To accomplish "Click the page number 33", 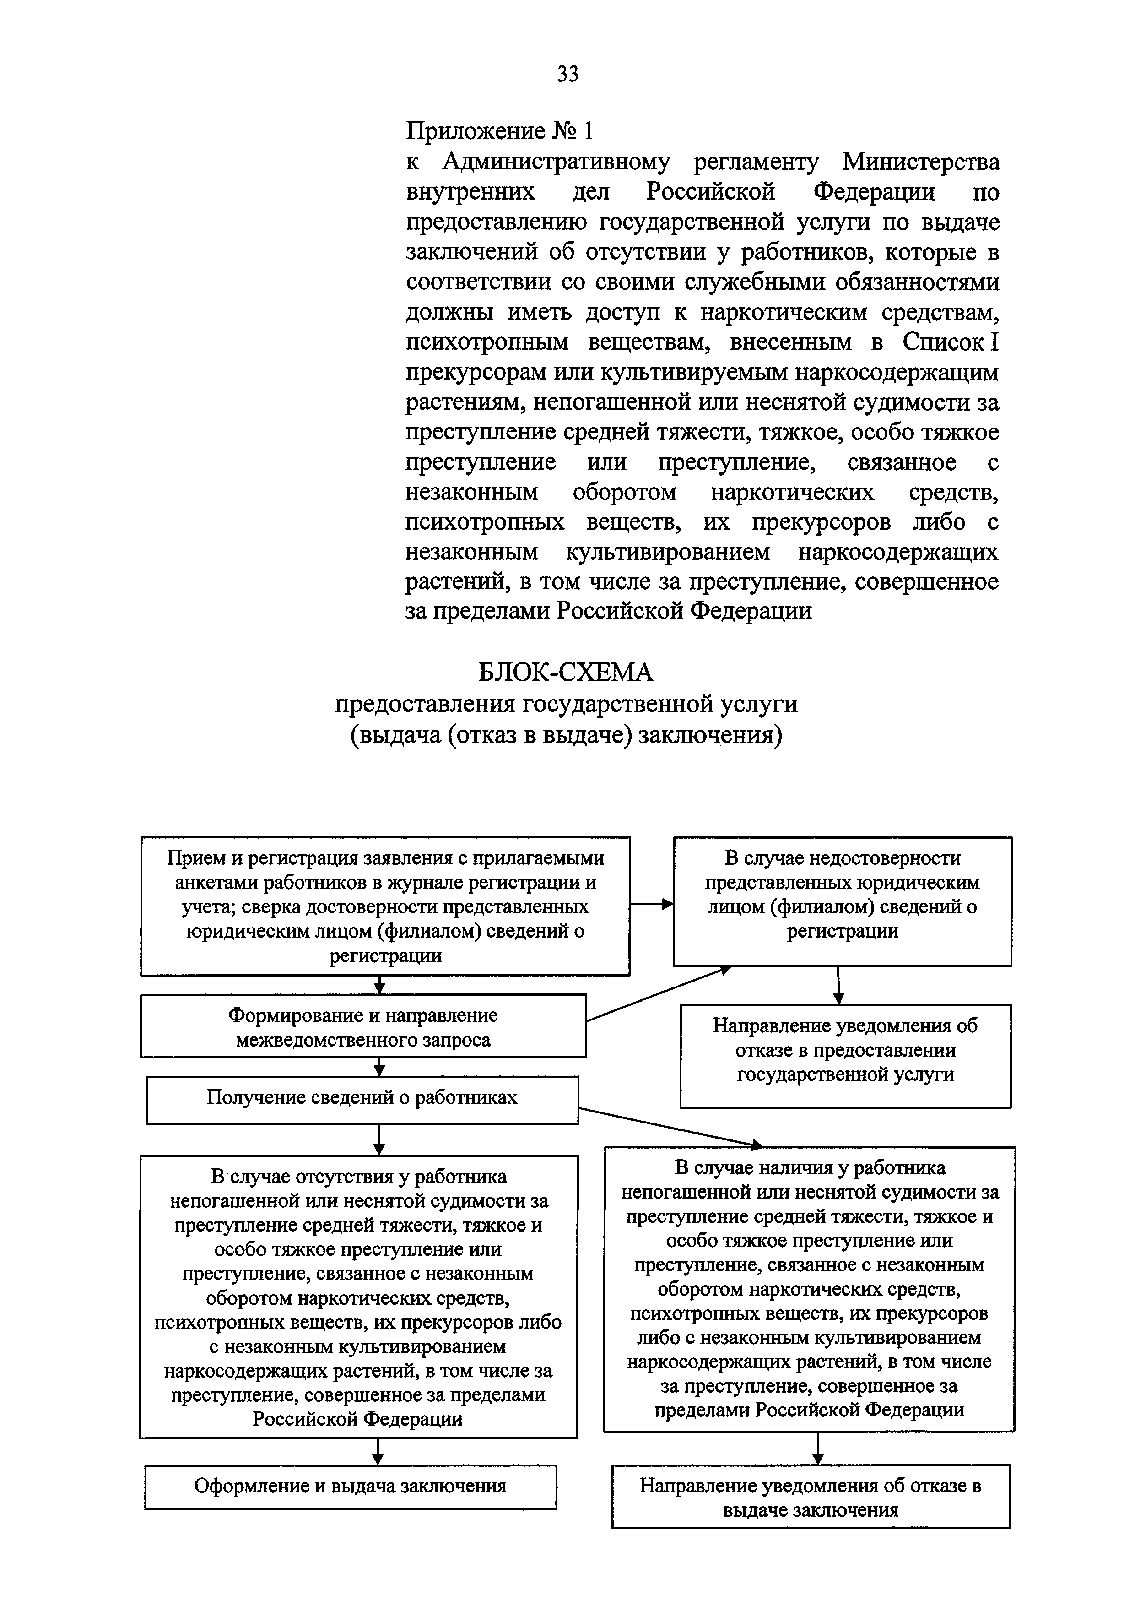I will click(567, 73).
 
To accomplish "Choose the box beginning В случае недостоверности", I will click(842, 901).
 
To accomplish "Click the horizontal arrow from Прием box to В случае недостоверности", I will click(651, 905).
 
